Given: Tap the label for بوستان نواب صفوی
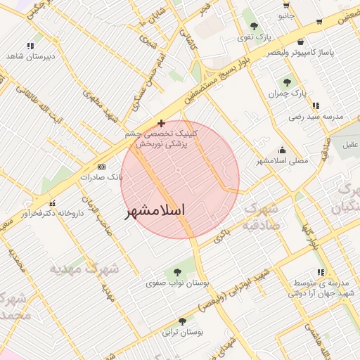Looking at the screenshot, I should click(x=167, y=283).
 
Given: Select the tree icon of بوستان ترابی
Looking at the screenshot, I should click(x=183, y=321).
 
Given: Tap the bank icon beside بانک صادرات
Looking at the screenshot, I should click(x=102, y=167).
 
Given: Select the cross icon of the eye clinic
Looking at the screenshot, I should click(x=162, y=123).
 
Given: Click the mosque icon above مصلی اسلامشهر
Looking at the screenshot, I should click(x=283, y=150).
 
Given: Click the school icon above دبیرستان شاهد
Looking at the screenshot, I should click(x=30, y=46).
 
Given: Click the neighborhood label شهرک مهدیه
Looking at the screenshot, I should click(x=76, y=268).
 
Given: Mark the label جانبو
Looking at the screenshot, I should click(x=285, y=15).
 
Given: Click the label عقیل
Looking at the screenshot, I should click(x=349, y=144).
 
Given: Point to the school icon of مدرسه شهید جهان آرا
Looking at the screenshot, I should click(x=321, y=271).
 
